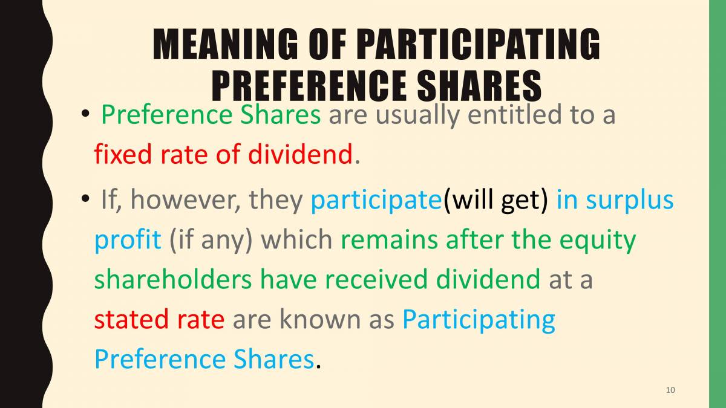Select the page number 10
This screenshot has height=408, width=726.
670,390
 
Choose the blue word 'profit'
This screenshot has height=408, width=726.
128,241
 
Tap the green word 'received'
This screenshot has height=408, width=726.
380,280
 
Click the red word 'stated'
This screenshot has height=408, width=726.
125,320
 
